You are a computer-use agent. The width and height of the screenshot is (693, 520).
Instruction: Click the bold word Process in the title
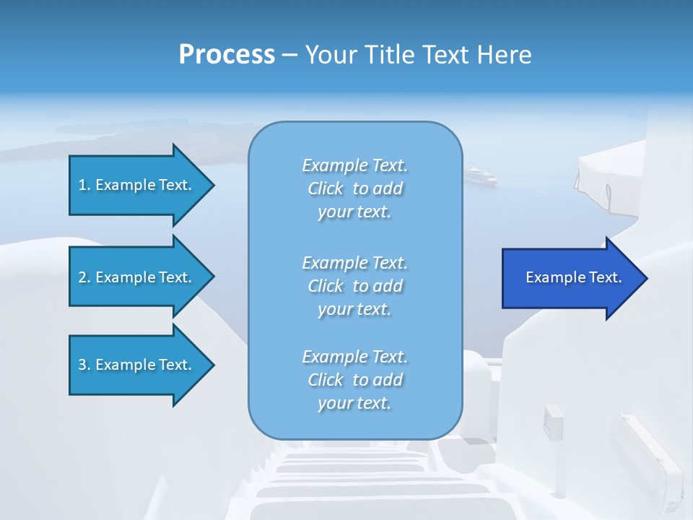click(x=227, y=55)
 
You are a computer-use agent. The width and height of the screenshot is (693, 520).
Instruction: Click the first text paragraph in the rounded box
click(x=354, y=188)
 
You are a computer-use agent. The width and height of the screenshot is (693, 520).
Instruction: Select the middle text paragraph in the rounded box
click(x=354, y=286)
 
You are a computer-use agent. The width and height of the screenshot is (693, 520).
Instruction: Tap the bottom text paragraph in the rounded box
click(x=354, y=380)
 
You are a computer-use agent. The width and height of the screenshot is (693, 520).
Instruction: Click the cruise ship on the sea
click(x=481, y=175)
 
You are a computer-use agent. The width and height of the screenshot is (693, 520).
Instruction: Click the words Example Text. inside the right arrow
click(x=573, y=277)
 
